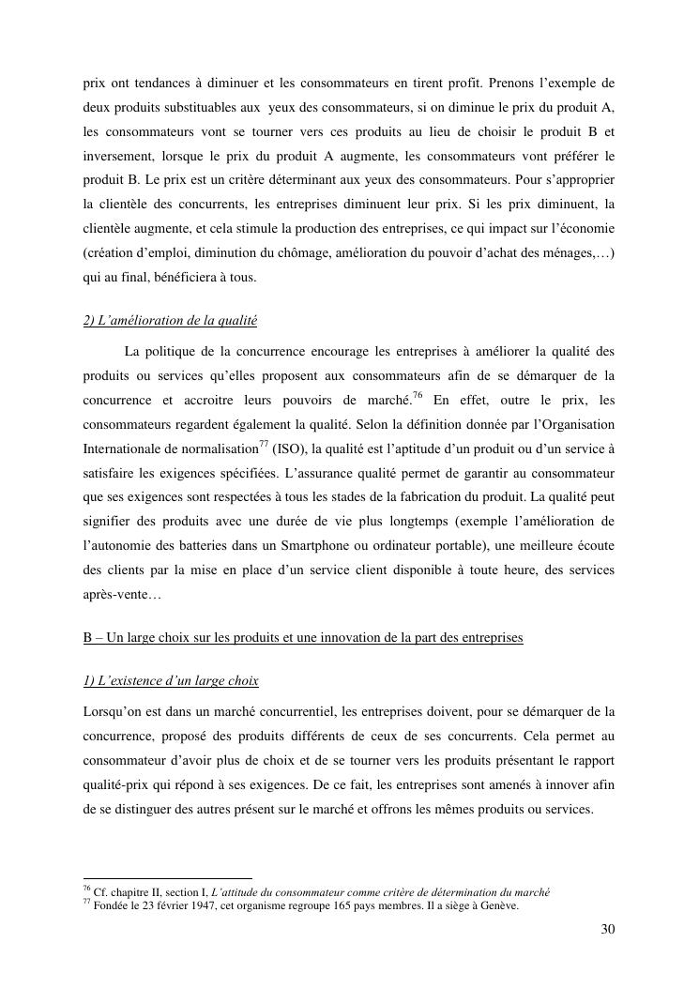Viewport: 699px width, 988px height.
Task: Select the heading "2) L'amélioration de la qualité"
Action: tap(170, 321)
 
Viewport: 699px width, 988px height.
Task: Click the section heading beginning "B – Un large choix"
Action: tap(303, 638)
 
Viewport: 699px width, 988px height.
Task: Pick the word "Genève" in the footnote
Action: tap(495, 906)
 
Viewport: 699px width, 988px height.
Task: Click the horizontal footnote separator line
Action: tap(167, 879)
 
